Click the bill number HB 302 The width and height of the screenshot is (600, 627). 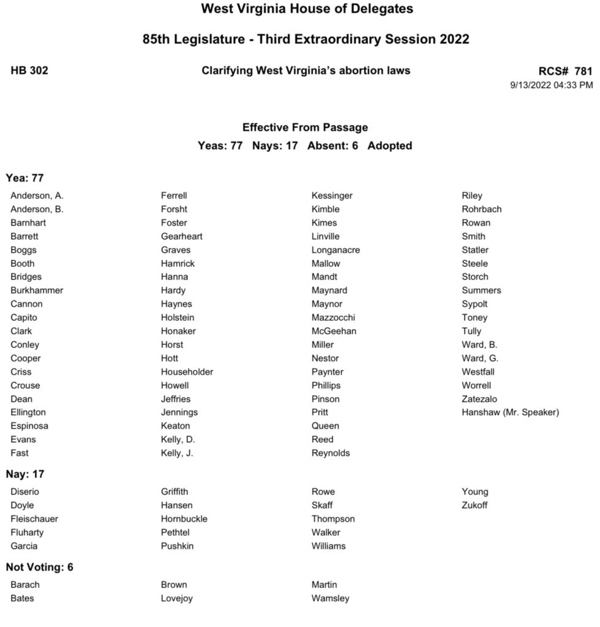click(29, 70)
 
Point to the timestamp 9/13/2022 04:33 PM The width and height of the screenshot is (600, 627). click(551, 85)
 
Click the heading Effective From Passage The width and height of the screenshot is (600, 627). click(305, 127)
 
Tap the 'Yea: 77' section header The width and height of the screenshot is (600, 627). click(25, 178)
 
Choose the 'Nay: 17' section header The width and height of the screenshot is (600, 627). click(25, 474)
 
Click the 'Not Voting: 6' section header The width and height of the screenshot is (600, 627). click(39, 567)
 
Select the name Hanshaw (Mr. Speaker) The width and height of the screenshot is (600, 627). click(510, 412)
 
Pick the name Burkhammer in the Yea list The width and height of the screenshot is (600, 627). click(37, 290)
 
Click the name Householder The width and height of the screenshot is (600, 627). click(187, 372)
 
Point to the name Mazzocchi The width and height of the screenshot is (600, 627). click(333, 317)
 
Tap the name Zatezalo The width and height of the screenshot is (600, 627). click(479, 399)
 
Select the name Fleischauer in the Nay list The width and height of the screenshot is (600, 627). click(34, 519)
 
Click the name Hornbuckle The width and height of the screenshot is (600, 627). click(184, 519)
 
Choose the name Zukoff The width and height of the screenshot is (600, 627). click(474, 505)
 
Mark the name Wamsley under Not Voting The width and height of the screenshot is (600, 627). click(330, 598)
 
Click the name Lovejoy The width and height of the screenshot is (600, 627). click(176, 598)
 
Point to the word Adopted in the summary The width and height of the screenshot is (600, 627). click(389, 146)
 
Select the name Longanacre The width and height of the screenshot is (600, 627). click(336, 250)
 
